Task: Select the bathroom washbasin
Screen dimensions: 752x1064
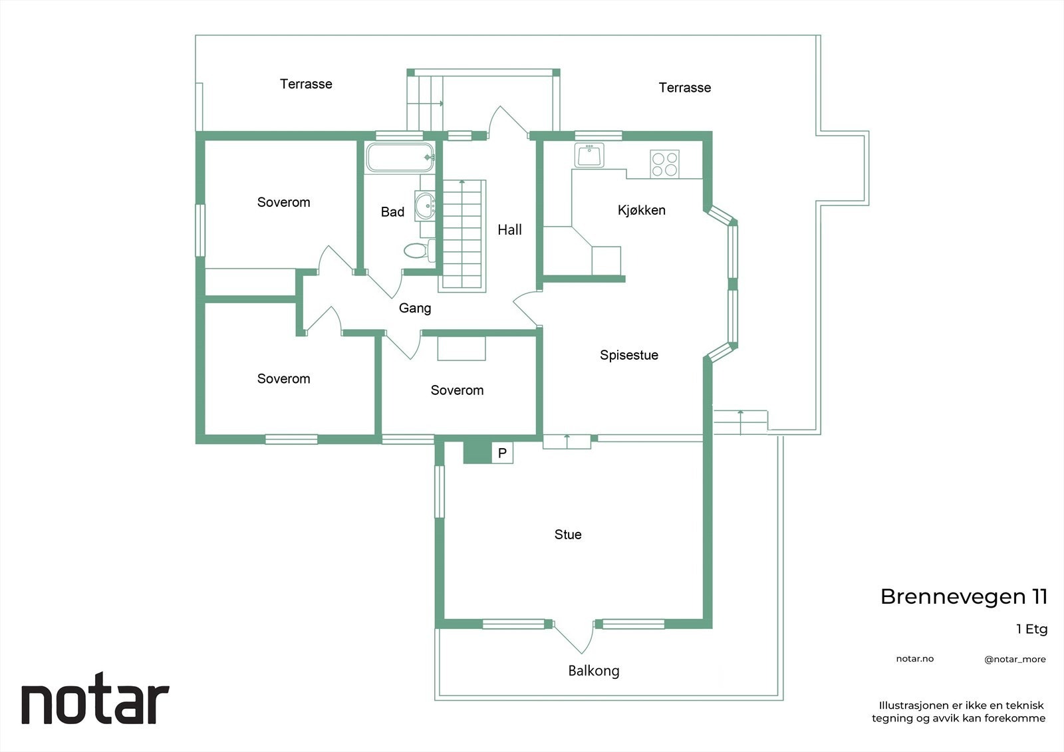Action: tap(424, 205)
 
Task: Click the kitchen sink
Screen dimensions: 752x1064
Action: tap(589, 156)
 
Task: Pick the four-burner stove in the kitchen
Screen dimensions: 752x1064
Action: tap(664, 164)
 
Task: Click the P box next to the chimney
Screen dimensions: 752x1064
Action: tap(503, 453)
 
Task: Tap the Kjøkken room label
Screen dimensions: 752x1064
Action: tap(641, 210)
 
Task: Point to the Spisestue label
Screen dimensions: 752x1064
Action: tap(628, 355)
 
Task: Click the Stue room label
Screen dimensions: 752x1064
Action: tap(568, 535)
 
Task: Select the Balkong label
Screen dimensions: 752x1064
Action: tap(593, 671)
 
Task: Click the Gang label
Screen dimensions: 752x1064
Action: tap(415, 308)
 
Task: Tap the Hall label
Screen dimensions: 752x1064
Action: tap(509, 230)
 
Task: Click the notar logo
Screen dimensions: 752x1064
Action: tap(95, 703)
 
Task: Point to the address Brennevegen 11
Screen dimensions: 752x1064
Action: tap(964, 596)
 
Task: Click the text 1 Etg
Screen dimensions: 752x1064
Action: tap(1031, 629)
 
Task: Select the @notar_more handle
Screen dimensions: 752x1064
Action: tap(1015, 660)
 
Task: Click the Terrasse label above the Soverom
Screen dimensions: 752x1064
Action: tap(306, 84)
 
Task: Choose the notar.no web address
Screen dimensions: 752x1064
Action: tap(914, 659)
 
